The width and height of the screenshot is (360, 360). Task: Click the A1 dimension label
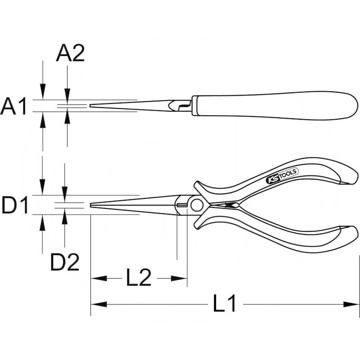pos(14,107)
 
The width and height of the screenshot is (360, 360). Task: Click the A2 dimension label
pos(70,54)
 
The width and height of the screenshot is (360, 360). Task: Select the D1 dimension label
pos(15,206)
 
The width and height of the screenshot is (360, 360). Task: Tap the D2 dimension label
pos(65,262)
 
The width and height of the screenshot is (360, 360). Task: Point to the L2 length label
pos(139,279)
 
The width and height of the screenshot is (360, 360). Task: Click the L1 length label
pos(225,305)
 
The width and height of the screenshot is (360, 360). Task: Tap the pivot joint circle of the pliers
pos(196,206)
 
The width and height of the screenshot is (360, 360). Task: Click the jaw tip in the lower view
pos(92,205)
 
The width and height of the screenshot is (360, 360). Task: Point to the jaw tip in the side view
pos(91,106)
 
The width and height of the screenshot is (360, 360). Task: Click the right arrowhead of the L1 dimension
pos(354,305)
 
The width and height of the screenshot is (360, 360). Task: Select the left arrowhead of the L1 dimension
pos(96,305)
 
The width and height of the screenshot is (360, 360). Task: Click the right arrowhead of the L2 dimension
pos(182,279)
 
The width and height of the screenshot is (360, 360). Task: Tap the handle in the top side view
pos(270,105)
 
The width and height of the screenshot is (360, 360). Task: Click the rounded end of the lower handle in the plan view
pos(353,234)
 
